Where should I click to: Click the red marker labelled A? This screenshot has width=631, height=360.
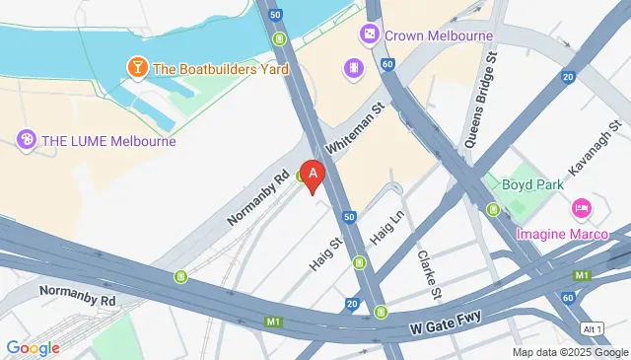tap(313, 176)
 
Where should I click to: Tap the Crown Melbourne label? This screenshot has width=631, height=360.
tap(438, 36)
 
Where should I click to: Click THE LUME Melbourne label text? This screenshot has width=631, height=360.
tap(108, 140)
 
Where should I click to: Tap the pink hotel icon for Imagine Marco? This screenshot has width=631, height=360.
tap(582, 209)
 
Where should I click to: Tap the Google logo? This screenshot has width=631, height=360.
tap(33, 347)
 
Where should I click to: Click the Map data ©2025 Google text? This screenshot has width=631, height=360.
tap(569, 352)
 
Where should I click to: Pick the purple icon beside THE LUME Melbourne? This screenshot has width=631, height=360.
tap(26, 140)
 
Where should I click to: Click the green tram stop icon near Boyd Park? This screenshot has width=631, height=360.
tap(492, 209)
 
